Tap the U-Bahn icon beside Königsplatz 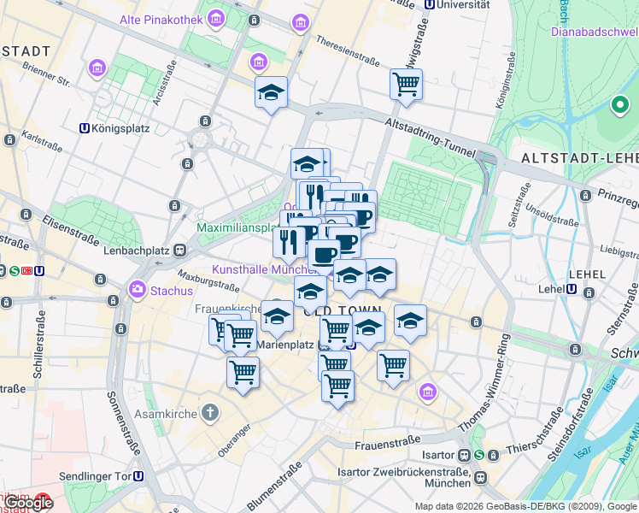(84, 129)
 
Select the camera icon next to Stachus (137, 290)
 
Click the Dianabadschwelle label (590, 32)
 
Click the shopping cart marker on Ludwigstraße (406, 85)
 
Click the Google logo (27, 503)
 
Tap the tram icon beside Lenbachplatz (179, 250)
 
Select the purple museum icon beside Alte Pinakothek (215, 19)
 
